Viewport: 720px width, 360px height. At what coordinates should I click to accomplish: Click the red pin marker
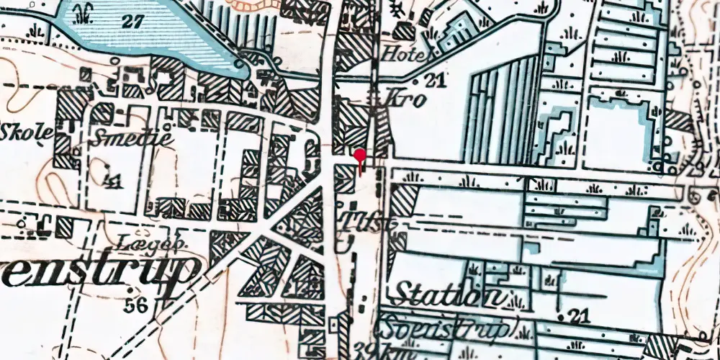click(x=359, y=155)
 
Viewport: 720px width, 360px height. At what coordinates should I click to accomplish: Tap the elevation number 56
click(x=135, y=305)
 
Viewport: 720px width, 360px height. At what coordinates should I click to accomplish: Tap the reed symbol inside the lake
click(x=85, y=11)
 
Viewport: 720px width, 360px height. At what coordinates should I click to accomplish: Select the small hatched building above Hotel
click(x=404, y=32)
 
